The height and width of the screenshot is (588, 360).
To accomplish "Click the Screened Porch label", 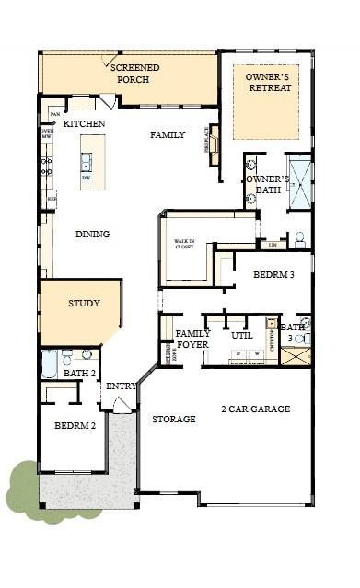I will pyautogui.click(x=134, y=74).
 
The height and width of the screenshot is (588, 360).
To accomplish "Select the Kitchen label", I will pyautogui.click(x=84, y=123).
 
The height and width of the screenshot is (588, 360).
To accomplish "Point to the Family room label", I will pyautogui.click(x=168, y=134).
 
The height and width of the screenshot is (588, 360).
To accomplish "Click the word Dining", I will pyautogui.click(x=92, y=234).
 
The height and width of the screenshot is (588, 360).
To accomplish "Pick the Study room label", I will pyautogui.click(x=83, y=303).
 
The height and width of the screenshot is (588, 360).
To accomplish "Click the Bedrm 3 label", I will pyautogui.click(x=273, y=275).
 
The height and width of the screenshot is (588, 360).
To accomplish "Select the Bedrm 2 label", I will pyautogui.click(x=75, y=426).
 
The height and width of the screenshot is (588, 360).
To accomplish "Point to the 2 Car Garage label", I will pyautogui.click(x=255, y=409).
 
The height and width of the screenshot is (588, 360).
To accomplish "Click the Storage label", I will pyautogui.click(x=173, y=419).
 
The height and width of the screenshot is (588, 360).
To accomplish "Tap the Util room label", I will pyautogui.click(x=242, y=335).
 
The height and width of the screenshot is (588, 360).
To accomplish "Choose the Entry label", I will pyautogui.click(x=121, y=386).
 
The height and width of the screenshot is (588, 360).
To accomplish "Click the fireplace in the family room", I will pyautogui.click(x=213, y=144).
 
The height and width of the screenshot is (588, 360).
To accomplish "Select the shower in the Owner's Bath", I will pyautogui.click(x=299, y=182).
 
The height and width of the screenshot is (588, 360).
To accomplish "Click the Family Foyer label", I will pyautogui.click(x=192, y=339).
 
